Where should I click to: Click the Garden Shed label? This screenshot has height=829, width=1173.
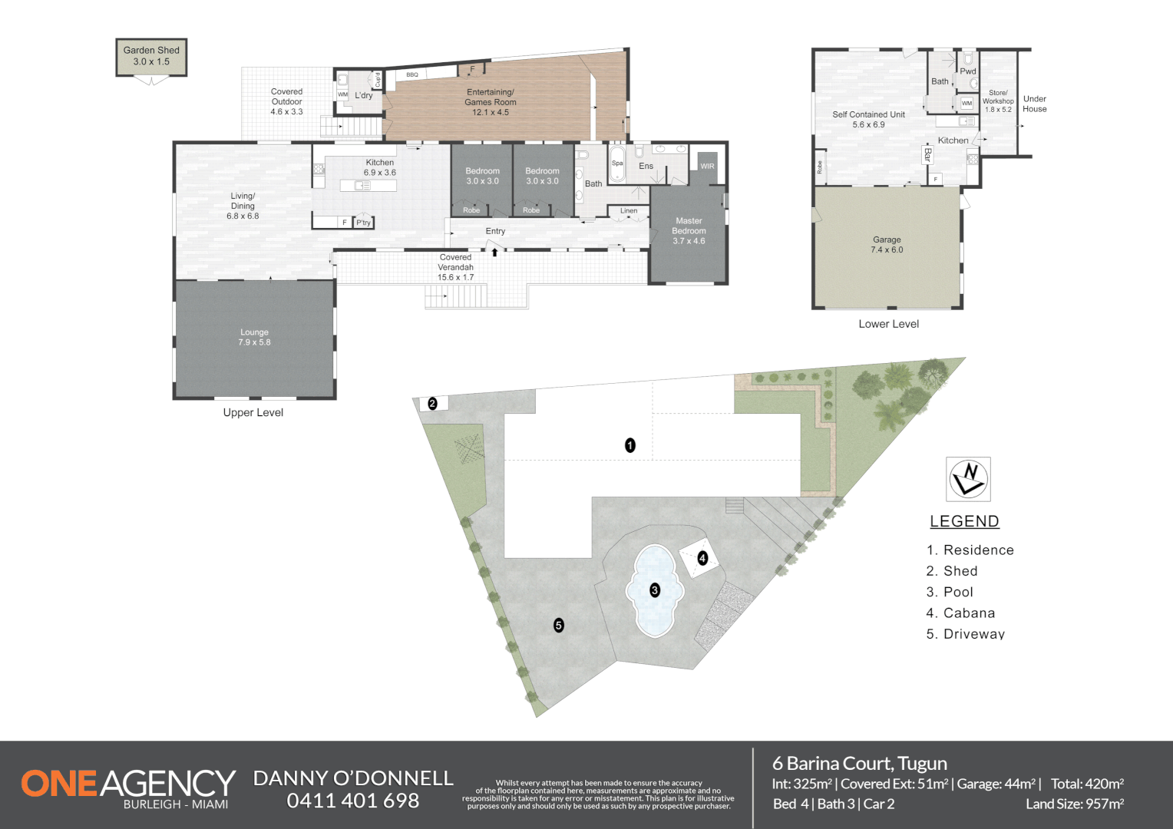click(x=151, y=56)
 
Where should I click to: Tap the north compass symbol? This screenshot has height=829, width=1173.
click(x=968, y=478)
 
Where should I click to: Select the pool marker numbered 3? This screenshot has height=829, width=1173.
click(x=655, y=590)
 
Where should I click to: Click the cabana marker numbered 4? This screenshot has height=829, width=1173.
click(x=702, y=558)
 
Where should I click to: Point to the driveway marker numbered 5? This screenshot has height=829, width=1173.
click(x=559, y=625)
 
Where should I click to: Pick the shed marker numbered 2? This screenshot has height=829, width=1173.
click(x=432, y=403)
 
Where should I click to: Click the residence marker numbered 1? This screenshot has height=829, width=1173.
click(x=630, y=445)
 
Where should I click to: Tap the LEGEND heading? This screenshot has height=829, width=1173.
click(x=964, y=521)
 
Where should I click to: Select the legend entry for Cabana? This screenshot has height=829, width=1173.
click(x=960, y=613)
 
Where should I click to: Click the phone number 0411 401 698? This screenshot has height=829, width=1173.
click(x=353, y=801)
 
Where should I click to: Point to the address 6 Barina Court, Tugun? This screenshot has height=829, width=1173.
click(x=859, y=763)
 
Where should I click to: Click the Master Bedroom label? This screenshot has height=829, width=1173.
click(x=689, y=230)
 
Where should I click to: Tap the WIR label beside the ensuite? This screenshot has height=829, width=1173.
click(x=707, y=166)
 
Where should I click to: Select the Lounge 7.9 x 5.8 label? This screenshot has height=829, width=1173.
click(x=254, y=337)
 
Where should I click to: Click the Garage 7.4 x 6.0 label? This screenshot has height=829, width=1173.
click(x=887, y=244)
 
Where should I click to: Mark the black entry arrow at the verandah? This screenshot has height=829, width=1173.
click(x=495, y=251)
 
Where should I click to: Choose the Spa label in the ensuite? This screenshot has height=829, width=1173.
click(x=617, y=163)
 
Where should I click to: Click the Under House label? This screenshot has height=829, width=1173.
click(x=1034, y=104)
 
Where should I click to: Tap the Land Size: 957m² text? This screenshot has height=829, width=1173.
click(x=1074, y=804)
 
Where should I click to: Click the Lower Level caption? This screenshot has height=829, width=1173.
click(x=888, y=324)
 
